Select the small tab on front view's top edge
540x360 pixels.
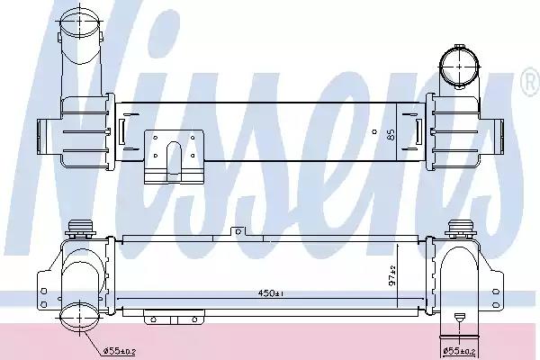(x=238, y=231)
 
